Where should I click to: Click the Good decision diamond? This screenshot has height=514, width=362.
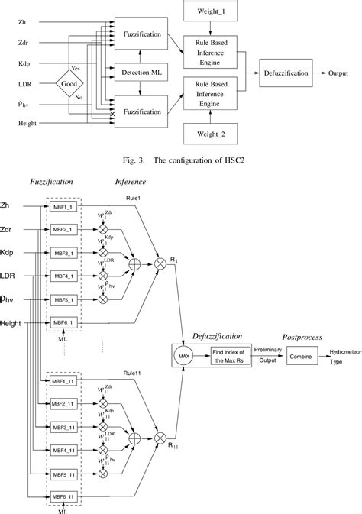[69, 85]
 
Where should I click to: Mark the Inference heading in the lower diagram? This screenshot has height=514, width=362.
[131, 183]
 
